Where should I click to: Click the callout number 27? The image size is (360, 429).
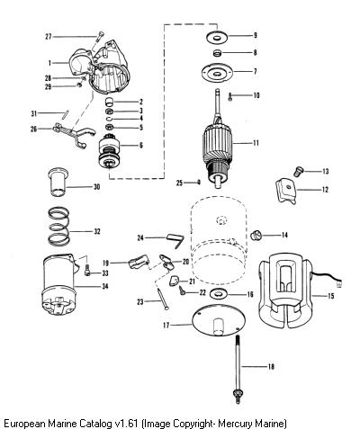[x=49, y=37]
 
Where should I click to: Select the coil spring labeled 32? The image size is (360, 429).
[x=59, y=226]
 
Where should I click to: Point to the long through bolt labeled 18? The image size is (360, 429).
[x=238, y=370]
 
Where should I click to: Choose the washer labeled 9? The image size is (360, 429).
[x=217, y=37]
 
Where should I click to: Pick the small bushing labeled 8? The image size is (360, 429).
[x=217, y=53]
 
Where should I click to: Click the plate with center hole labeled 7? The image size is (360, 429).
[x=217, y=73]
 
